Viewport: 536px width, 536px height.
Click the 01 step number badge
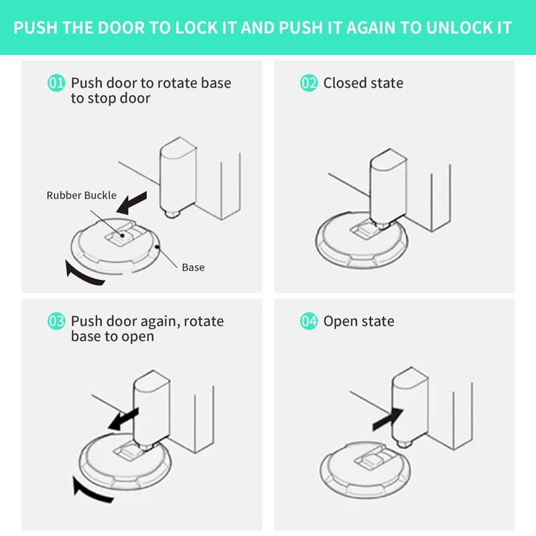click(x=56, y=83)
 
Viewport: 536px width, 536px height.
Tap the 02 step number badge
click(x=308, y=83)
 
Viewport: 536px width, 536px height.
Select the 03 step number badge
click(x=56, y=322)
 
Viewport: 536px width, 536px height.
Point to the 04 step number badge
click(x=308, y=322)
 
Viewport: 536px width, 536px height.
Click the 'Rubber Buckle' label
click(x=81, y=196)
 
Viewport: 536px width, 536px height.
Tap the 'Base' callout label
click(x=193, y=267)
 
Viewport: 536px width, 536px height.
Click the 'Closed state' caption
click(x=363, y=83)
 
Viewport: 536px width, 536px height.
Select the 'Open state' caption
click(x=358, y=322)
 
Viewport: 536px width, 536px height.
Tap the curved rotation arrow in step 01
click(x=84, y=275)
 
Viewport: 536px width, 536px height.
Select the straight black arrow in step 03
click(x=123, y=419)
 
